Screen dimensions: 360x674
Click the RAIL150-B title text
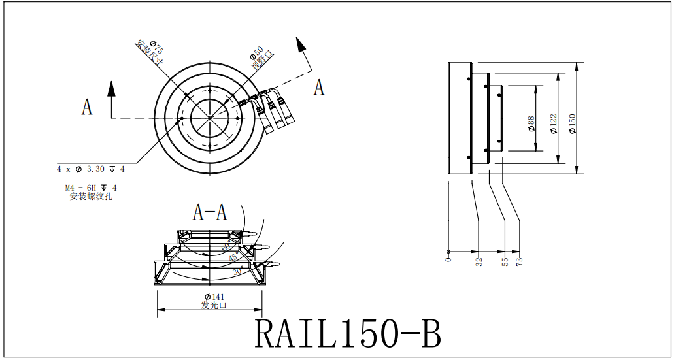(x=347, y=333)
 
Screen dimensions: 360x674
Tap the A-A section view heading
(x=210, y=212)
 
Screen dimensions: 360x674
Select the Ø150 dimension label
(x=573, y=123)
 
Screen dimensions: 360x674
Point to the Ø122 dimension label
(x=554, y=123)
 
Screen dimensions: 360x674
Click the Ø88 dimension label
(x=531, y=124)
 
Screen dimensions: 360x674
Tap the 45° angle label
(x=233, y=258)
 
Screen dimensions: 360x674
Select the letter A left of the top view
(x=86, y=106)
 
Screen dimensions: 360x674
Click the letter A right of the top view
(x=318, y=87)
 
